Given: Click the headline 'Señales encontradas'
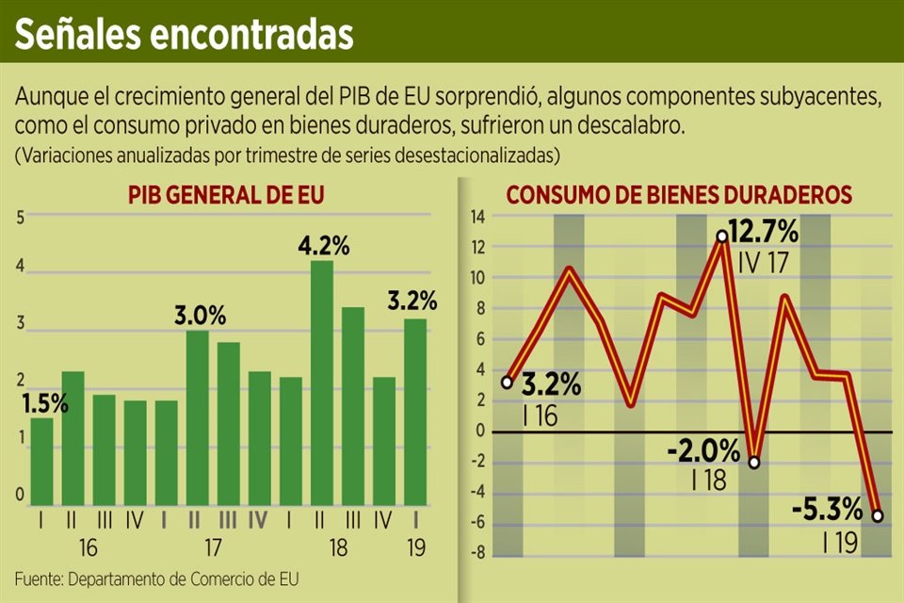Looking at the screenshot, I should click(184, 34).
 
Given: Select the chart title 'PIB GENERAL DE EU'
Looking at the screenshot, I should click(226, 196).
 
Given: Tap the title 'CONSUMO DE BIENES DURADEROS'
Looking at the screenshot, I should click(679, 196).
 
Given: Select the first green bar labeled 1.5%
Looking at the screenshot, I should click(41, 462).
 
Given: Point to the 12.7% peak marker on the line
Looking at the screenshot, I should click(721, 236).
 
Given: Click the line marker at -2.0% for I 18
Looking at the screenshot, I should click(753, 462).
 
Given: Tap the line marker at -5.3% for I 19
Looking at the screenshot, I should click(878, 515).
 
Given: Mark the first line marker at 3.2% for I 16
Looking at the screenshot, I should click(508, 383).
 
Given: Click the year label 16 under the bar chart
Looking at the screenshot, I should click(88, 547).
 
